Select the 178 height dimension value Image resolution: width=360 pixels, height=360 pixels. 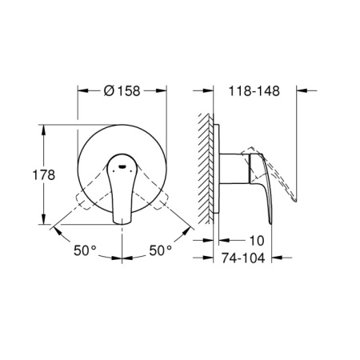[x=25, y=174]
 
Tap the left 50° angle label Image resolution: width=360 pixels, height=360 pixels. [x=84, y=250]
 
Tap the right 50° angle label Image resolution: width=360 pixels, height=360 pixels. [x=161, y=250]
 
